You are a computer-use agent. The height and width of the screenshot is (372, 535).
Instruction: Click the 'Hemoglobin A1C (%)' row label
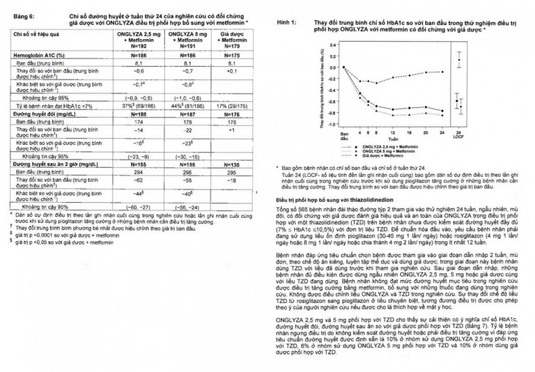click(39, 54)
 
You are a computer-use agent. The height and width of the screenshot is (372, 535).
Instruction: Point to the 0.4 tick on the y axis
click(333, 45)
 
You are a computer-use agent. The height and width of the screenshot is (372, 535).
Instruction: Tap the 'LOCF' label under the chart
click(458, 137)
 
